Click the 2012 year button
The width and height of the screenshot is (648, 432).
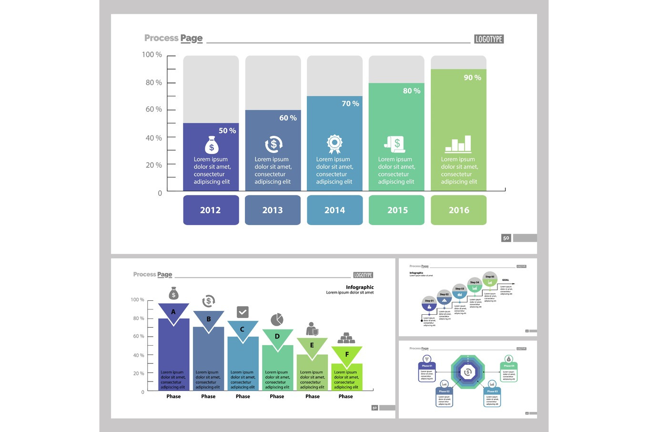[211, 210]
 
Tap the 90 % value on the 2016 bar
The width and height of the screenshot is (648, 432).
[472, 77]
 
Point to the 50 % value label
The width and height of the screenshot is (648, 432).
[227, 131]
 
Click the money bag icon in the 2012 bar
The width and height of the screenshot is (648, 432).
[212, 145]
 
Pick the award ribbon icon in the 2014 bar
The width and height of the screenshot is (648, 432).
[334, 144]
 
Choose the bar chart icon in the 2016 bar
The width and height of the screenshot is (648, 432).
[458, 144]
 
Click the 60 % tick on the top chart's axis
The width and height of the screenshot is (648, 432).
[154, 109]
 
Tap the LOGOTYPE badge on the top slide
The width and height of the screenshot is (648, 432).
[489, 39]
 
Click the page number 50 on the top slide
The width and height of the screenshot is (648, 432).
[506, 238]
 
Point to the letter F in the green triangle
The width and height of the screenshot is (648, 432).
[347, 354]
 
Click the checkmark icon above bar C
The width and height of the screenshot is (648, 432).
[243, 312]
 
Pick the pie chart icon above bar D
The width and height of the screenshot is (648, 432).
[277, 319]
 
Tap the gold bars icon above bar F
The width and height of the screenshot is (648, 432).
[346, 339]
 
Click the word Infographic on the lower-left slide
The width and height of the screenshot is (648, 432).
[360, 287]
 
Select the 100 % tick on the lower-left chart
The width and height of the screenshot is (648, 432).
[137, 299]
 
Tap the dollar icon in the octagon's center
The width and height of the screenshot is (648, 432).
[468, 372]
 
